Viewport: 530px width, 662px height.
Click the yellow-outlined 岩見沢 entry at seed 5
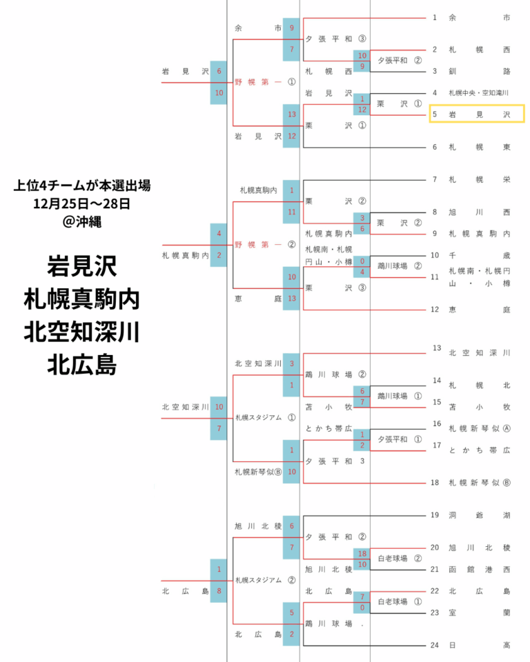(x=477, y=114)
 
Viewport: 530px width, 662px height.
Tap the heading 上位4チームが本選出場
(x=82, y=185)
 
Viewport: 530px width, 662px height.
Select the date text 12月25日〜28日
(x=81, y=203)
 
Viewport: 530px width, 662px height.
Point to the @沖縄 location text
(x=82, y=221)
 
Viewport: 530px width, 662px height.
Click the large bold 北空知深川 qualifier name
(x=81, y=332)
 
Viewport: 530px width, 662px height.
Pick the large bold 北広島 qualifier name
(x=81, y=365)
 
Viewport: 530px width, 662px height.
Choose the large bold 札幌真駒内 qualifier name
(x=81, y=299)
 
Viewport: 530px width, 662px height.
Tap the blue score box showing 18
(x=362, y=554)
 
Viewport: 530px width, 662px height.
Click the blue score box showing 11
(x=292, y=212)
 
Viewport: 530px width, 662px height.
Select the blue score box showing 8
(x=219, y=591)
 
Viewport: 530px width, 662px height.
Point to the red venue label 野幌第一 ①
(x=265, y=82)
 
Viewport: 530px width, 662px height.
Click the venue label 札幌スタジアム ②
(x=265, y=580)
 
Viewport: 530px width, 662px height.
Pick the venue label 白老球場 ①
(x=400, y=601)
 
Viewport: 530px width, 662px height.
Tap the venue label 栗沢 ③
(x=335, y=288)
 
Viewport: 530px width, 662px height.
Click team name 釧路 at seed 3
(x=480, y=71)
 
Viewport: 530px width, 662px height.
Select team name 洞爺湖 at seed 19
(x=480, y=515)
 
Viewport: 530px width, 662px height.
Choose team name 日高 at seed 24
(x=480, y=645)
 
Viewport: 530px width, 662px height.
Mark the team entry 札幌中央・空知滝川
(x=478, y=93)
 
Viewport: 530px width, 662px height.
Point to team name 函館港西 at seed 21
(x=480, y=570)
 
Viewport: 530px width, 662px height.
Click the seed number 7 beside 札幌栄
(x=435, y=179)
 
